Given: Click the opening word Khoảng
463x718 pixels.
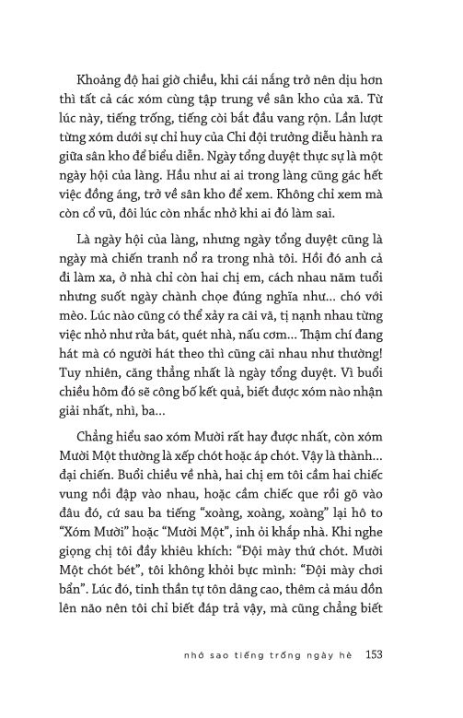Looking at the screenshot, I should pos(106,81).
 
